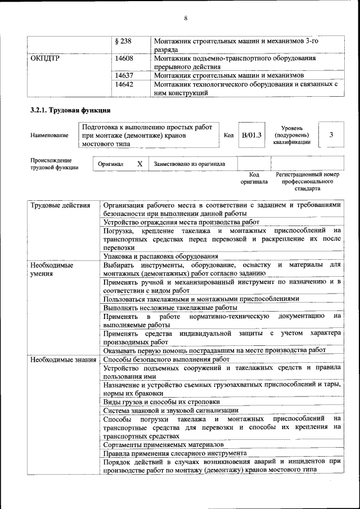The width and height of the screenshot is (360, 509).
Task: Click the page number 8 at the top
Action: pyautogui.click(x=185, y=19)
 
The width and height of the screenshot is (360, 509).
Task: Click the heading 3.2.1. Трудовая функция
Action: pyautogui.click(x=70, y=110)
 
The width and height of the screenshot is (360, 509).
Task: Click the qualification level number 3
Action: pyautogui.click(x=331, y=135)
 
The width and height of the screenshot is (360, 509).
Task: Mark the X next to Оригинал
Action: pyautogui.click(x=139, y=164)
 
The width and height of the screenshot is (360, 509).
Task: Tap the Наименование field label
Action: pyautogui.click(x=50, y=136)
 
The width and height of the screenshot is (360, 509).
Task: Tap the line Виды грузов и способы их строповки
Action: pyautogui.click(x=161, y=402)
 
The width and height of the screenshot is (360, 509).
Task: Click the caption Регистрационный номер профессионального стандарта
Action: pyautogui.click(x=307, y=182)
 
